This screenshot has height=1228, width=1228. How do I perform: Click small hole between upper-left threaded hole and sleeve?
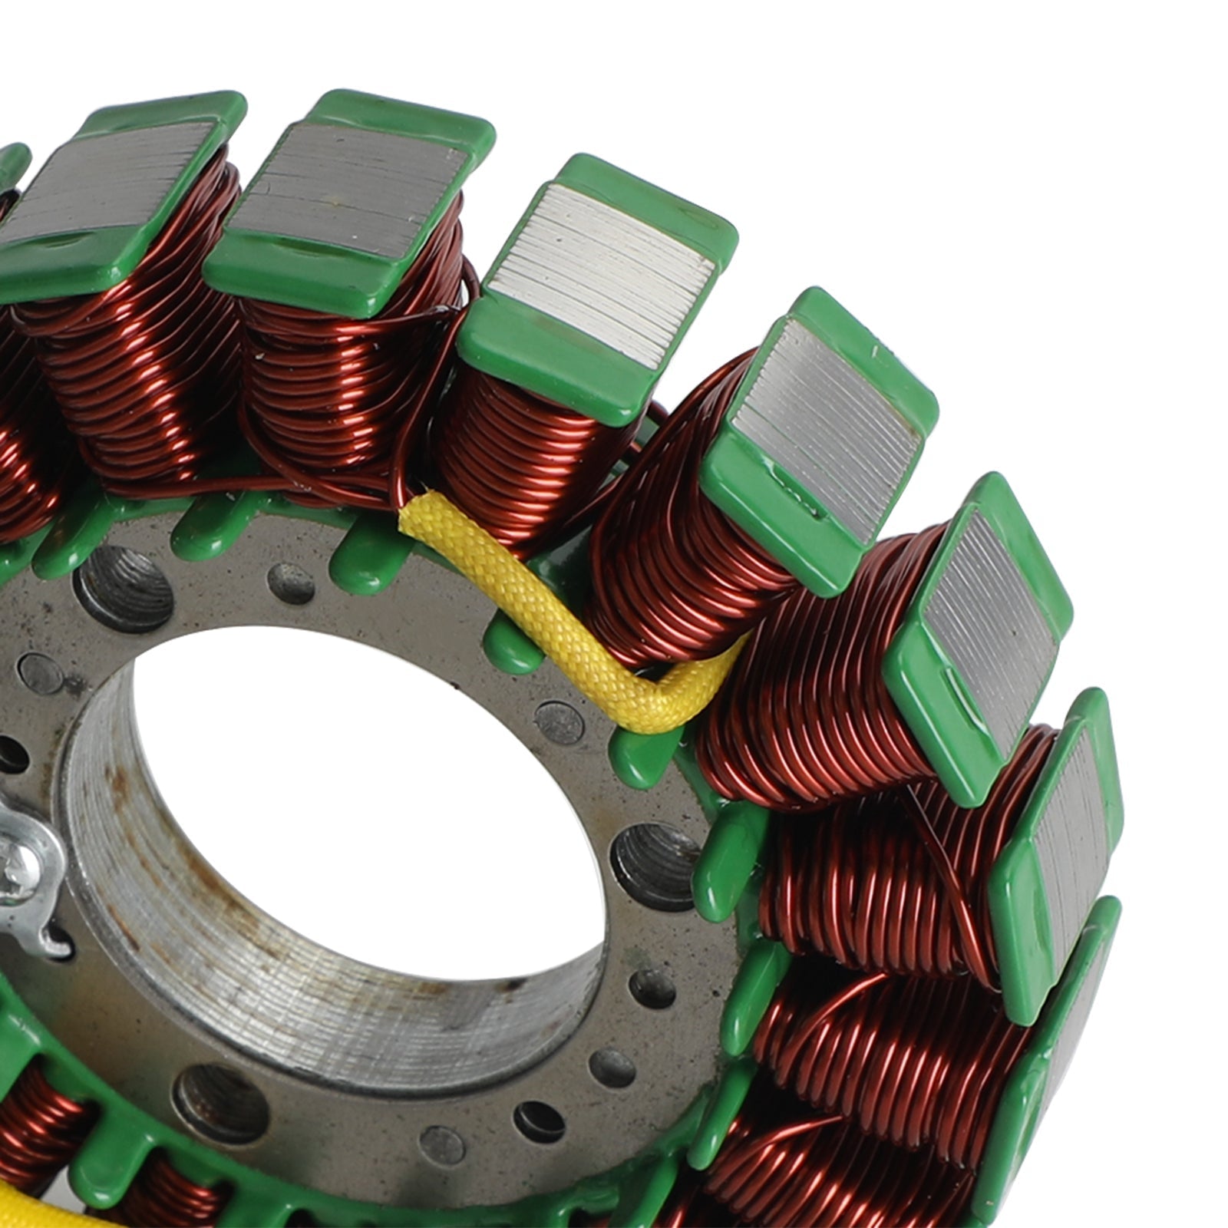(292, 583)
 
